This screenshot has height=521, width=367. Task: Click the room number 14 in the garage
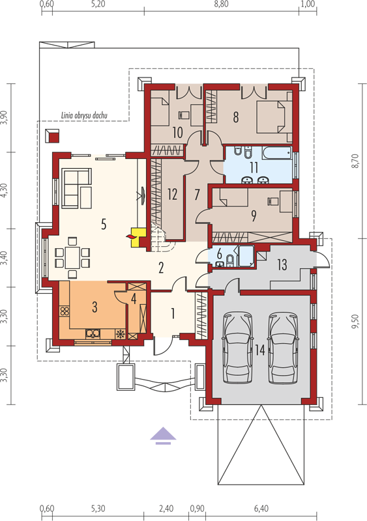[x=260, y=350]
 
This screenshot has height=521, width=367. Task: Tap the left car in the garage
[x=237, y=348]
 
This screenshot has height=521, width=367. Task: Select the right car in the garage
[x=283, y=348]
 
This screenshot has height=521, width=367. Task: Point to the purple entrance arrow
[x=163, y=436]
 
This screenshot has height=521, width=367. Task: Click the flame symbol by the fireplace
[x=130, y=236]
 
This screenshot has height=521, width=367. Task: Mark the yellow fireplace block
[x=138, y=237]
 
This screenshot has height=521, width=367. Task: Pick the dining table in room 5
[x=72, y=257]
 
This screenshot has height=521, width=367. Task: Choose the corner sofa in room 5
[x=76, y=188]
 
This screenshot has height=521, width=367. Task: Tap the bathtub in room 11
[x=276, y=154]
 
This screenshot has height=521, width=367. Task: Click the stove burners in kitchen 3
[x=65, y=311]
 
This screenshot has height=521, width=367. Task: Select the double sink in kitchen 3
[x=93, y=333]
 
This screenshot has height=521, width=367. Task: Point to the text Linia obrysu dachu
[x=84, y=115]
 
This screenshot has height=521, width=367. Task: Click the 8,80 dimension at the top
[x=221, y=4]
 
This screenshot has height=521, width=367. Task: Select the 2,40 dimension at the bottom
[x=166, y=509]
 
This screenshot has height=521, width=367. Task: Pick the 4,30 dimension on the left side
[x=4, y=190]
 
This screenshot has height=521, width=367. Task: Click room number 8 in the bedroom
[x=236, y=117]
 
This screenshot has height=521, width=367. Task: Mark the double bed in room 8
[x=274, y=117]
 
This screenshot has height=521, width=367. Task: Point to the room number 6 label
[x=219, y=253]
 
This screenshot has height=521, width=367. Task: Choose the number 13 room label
[x=282, y=265]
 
